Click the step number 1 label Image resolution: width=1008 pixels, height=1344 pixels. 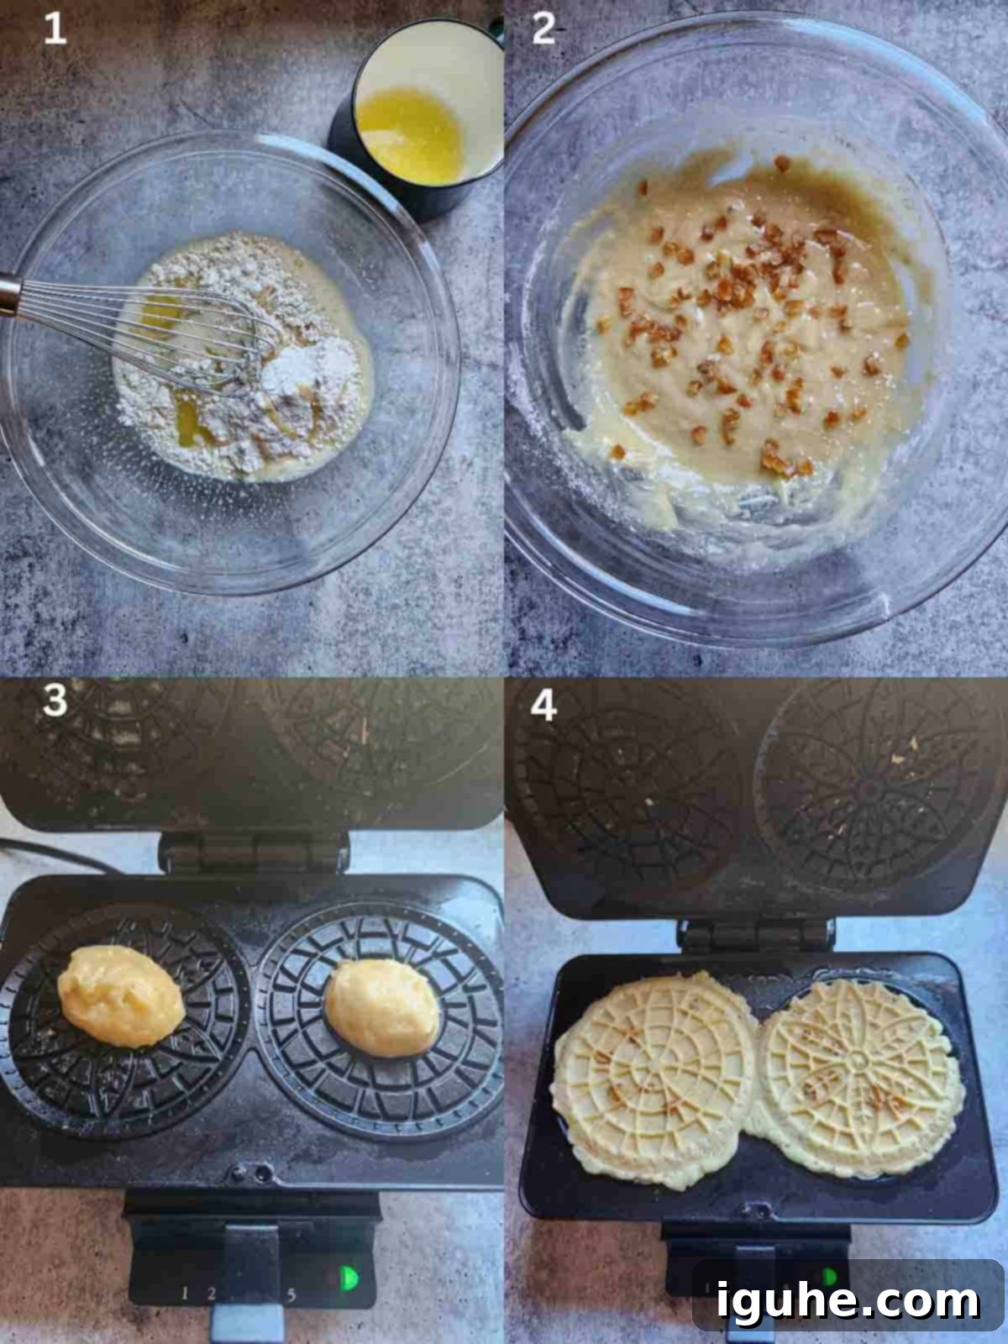[55, 29]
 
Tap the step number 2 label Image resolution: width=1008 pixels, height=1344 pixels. [543, 29]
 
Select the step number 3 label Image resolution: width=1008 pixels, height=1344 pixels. [55, 700]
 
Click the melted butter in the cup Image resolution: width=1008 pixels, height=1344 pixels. [410, 134]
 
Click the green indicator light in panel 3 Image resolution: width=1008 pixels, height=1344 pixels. [349, 1278]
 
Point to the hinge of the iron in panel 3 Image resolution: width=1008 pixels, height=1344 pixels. [254, 853]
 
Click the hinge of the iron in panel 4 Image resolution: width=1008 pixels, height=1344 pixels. [756, 934]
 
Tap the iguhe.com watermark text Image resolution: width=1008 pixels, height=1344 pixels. [848, 1299]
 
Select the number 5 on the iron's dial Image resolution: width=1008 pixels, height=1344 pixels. [291, 1294]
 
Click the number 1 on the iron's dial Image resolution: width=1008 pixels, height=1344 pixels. [184, 1293]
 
